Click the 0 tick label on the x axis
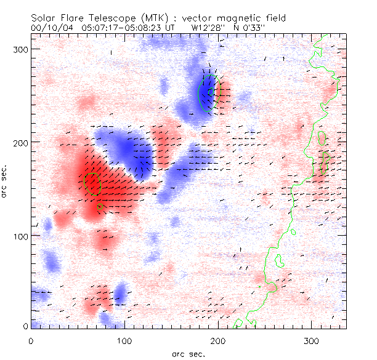pos(31,340)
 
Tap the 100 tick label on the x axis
pos(125,340)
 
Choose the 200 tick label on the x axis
pos(219,340)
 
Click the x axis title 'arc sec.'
pos(188,354)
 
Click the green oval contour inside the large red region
pos(92,183)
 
